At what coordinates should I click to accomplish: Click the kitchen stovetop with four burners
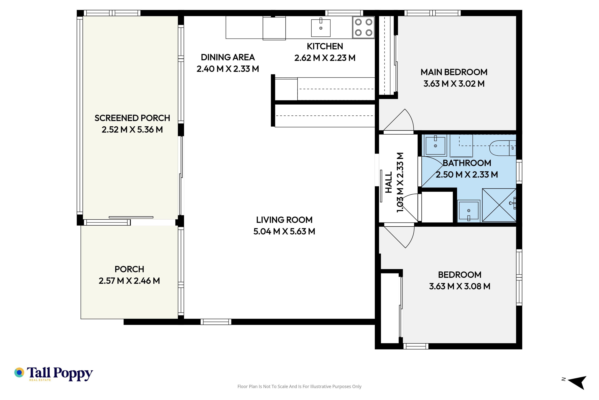click(363, 27)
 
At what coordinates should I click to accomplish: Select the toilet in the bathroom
click(503, 148)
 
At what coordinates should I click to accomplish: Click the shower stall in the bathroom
click(499, 205)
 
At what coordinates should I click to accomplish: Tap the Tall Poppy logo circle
click(19, 372)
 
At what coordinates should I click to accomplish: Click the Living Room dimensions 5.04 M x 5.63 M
click(284, 231)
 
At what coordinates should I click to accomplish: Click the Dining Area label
click(228, 57)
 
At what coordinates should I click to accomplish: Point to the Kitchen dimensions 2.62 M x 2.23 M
click(325, 58)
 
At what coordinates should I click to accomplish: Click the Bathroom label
click(467, 163)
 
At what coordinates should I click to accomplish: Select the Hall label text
click(388, 182)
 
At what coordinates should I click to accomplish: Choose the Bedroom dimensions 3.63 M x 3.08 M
click(460, 286)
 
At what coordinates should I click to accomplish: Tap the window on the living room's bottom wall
click(216, 322)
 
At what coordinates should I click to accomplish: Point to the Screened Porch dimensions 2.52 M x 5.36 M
click(132, 130)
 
